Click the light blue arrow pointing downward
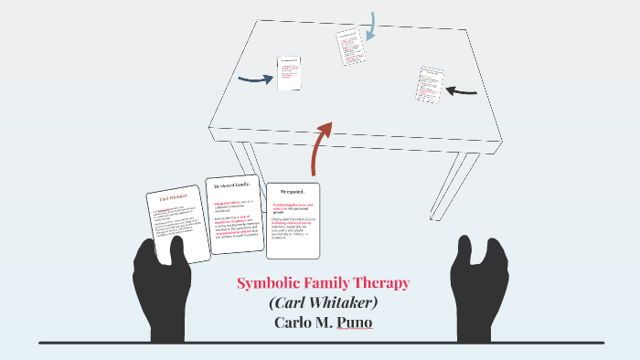point(370,26)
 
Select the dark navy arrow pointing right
point(255,79)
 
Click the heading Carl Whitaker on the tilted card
point(174,196)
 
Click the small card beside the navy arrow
point(289,74)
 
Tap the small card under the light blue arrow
point(350,47)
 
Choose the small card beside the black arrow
point(430,83)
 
